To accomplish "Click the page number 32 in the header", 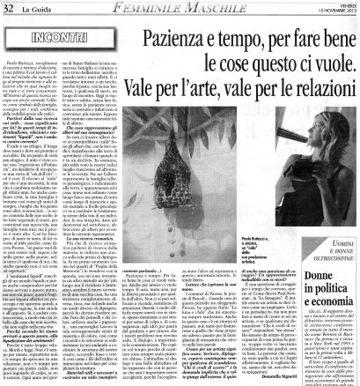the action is pos(9,8).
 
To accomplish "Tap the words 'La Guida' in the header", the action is pos(33,8).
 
